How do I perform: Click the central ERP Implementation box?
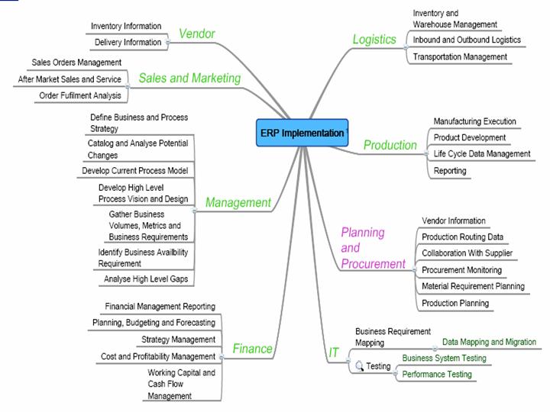[301, 133]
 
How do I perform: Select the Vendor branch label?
[196, 34]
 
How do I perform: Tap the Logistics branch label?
[374, 39]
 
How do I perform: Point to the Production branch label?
[390, 145]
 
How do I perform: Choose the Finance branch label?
[252, 349]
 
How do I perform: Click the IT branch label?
[334, 352]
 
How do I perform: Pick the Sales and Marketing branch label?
[189, 78]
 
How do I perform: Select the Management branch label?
[238, 202]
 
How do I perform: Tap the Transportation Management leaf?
[459, 56]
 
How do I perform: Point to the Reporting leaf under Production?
[450, 171]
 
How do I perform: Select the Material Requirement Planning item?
[473, 286]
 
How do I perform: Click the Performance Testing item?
[437, 375]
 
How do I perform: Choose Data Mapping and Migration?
[489, 343]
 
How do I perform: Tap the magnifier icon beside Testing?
[359, 366]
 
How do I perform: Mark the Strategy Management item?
[178, 340]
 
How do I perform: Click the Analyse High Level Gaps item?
[145, 279]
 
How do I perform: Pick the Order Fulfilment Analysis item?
[79, 95]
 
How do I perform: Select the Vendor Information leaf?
[453, 221]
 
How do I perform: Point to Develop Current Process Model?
[134, 171]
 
